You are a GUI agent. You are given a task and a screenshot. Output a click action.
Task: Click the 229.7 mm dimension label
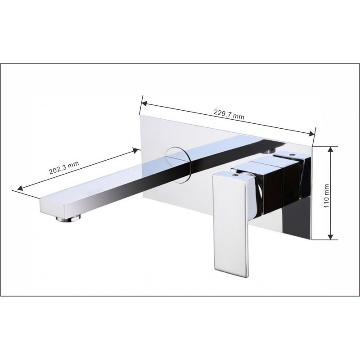[x=229, y=115]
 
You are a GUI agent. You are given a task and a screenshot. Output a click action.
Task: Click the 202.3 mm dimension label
[x=64, y=167]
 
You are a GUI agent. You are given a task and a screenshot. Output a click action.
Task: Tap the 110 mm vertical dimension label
[x=327, y=196]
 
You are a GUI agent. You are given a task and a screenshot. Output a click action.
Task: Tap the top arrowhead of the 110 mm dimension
[x=330, y=150]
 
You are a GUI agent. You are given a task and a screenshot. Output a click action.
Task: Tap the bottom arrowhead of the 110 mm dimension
[x=330, y=237]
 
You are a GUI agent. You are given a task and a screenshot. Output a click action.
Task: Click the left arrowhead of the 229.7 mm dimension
[x=144, y=103]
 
